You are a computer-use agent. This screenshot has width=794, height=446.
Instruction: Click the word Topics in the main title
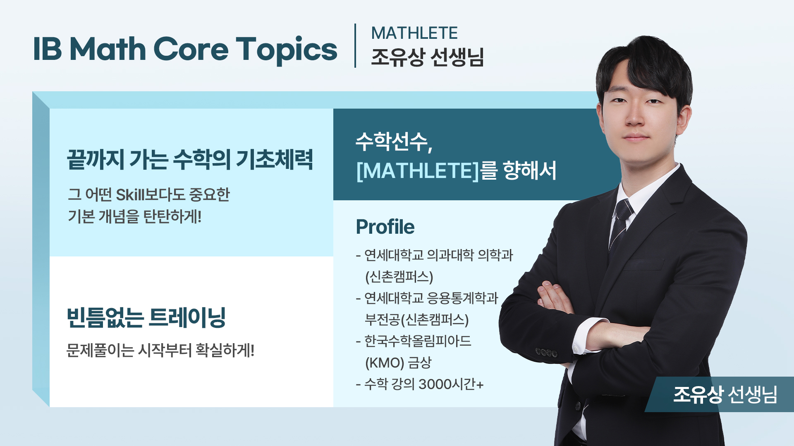pyautogui.click(x=286, y=50)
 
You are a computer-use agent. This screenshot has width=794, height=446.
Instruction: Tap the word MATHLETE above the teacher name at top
pyautogui.click(x=414, y=33)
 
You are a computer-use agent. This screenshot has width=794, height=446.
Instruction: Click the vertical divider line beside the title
pyautogui.click(x=355, y=45)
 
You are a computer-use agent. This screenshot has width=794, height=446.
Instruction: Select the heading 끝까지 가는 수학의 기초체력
pyautogui.click(x=190, y=159)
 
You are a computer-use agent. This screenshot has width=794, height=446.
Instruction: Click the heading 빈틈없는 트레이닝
pyautogui.click(x=146, y=318)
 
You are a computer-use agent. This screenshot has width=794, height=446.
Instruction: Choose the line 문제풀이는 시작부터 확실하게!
pyautogui.click(x=160, y=351)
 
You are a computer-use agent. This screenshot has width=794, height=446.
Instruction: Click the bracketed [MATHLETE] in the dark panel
pyautogui.click(x=417, y=171)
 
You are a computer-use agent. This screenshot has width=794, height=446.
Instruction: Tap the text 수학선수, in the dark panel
pyautogui.click(x=394, y=142)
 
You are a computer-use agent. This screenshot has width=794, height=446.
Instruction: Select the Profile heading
pyautogui.click(x=385, y=227)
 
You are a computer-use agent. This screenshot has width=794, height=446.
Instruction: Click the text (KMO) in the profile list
pyautogui.click(x=385, y=363)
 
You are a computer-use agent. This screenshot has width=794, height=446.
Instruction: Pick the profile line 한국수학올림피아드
pyautogui.click(x=418, y=341)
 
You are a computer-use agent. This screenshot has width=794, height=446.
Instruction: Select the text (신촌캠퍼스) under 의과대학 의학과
pyautogui.click(x=399, y=277)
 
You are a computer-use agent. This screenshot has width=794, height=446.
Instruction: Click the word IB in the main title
pyautogui.click(x=47, y=50)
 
